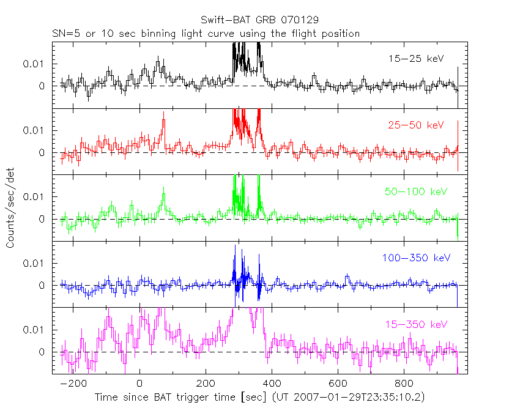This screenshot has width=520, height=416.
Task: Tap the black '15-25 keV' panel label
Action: (x=415, y=59)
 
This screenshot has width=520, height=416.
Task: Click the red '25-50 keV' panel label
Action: (x=415, y=125)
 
